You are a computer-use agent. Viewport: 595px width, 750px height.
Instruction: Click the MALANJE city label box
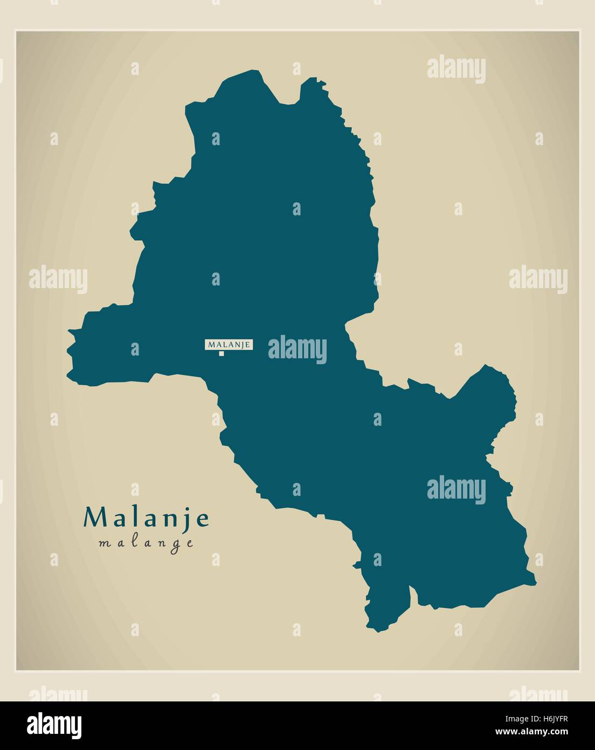pos(229,344)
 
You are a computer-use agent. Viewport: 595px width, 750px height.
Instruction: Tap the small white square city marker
pos(222,354)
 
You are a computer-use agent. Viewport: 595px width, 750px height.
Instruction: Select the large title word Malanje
pos(146,518)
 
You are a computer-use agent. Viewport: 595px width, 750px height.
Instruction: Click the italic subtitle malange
pos(146,543)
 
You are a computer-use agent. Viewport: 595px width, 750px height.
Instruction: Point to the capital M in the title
pos(93,518)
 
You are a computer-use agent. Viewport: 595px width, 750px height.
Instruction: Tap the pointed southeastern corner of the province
pos(535,583)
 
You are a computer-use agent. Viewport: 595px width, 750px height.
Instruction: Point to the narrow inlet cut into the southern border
pos(413,596)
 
